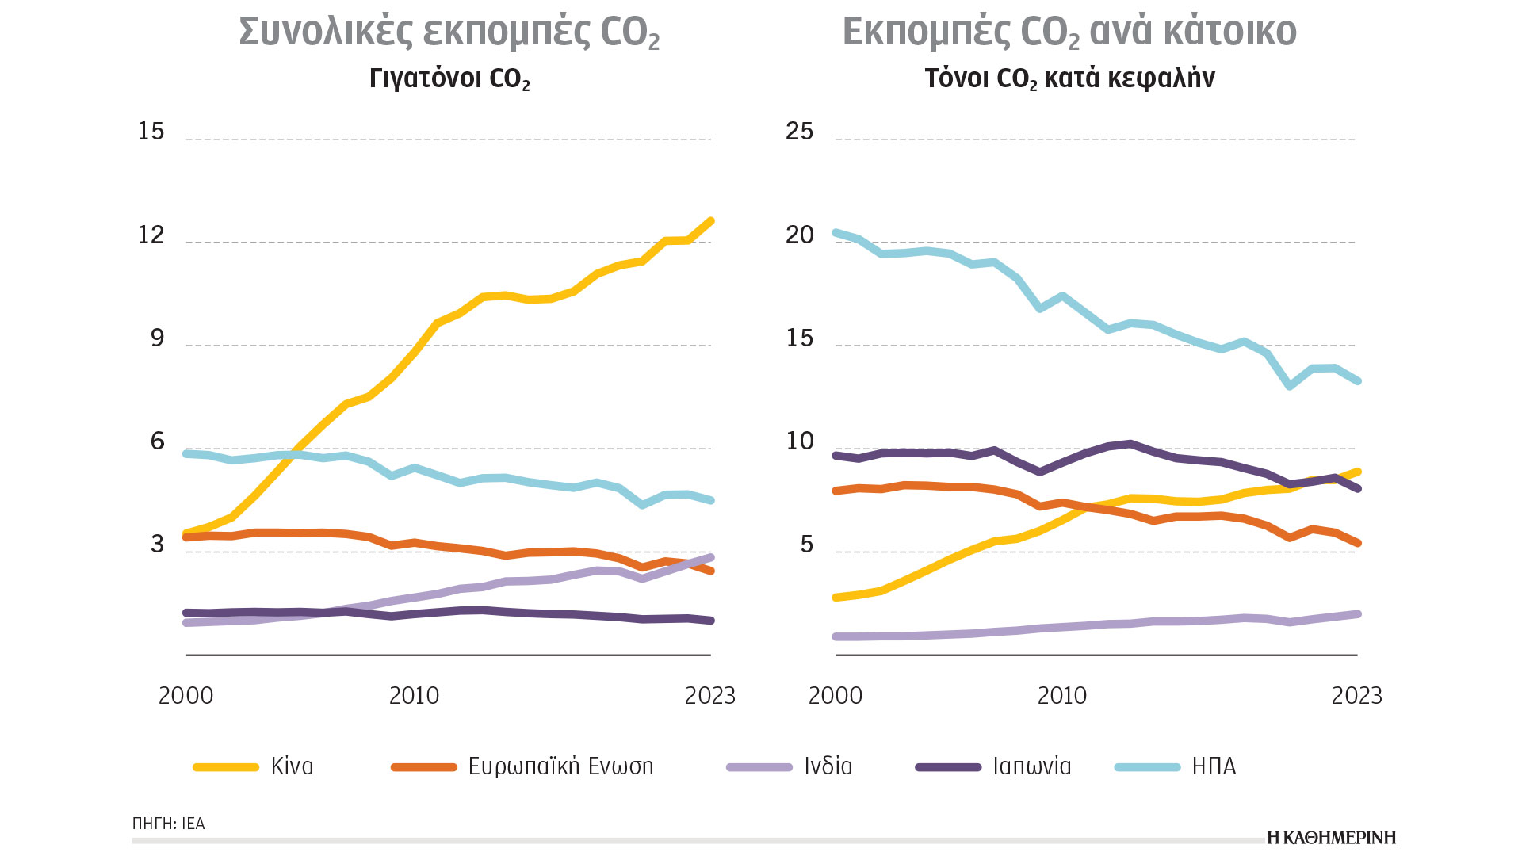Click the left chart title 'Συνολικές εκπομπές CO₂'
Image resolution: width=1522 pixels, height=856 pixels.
pyautogui.click(x=449, y=32)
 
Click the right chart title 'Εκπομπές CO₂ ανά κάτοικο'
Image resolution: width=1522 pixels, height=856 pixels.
pyautogui.click(x=1069, y=32)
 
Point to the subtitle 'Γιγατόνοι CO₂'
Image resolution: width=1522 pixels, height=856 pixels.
pyautogui.click(x=449, y=78)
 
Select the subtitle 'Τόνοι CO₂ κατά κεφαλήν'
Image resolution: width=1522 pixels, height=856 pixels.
pyautogui.click(x=1069, y=78)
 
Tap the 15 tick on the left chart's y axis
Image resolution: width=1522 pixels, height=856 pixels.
pyautogui.click(x=151, y=132)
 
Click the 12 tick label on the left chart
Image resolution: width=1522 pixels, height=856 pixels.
pyautogui.click(x=151, y=235)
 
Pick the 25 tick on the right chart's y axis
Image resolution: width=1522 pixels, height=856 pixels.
pyautogui.click(x=799, y=132)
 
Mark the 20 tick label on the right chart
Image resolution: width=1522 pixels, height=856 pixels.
pyautogui.click(x=799, y=235)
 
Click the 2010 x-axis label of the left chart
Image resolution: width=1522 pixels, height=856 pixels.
pyautogui.click(x=414, y=696)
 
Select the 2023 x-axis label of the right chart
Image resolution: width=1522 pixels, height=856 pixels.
pyautogui.click(x=1356, y=696)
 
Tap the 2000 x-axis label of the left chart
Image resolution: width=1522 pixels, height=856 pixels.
pyautogui.click(x=186, y=696)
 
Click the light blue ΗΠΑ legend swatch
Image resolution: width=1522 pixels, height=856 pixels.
pyautogui.click(x=1147, y=767)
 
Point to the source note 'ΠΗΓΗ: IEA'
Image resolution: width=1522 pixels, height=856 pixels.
pyautogui.click(x=168, y=824)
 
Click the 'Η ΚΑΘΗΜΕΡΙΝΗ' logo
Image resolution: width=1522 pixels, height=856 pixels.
pyautogui.click(x=1331, y=838)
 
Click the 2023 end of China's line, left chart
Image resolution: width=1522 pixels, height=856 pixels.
pyautogui.click(x=710, y=221)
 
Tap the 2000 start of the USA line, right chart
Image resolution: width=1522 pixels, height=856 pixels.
pyautogui.click(x=836, y=233)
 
